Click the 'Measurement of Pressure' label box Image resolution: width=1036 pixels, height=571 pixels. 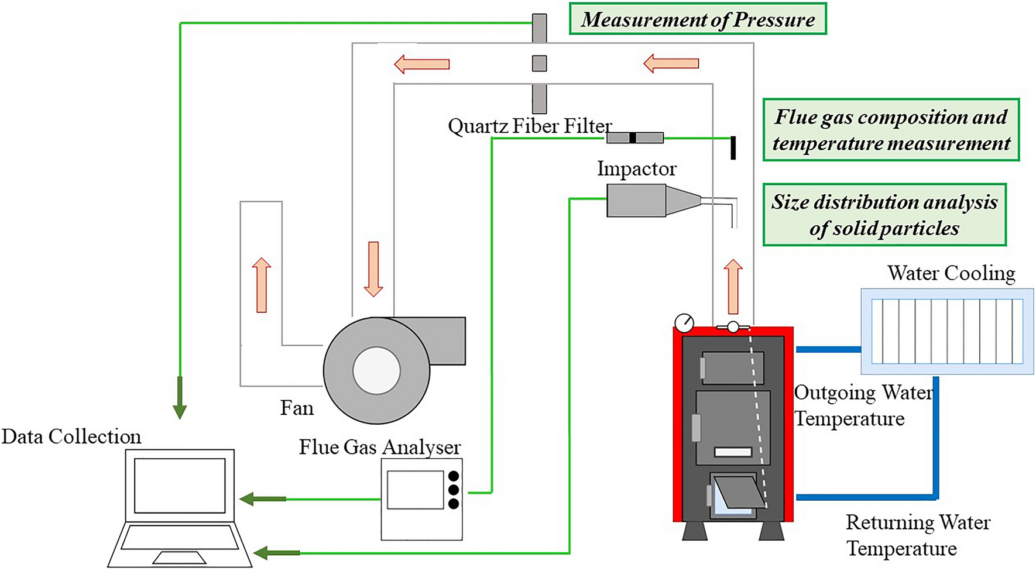coord(697,19)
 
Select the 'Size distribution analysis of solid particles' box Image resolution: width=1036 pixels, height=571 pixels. coord(884,215)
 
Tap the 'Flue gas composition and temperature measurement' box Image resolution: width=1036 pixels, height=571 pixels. coord(890,130)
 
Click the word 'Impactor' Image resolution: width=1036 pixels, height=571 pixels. coord(636,169)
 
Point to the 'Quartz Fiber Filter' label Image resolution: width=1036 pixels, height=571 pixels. coord(529,126)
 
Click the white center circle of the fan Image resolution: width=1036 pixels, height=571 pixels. coord(376,370)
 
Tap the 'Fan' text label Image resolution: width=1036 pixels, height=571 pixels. coord(297,408)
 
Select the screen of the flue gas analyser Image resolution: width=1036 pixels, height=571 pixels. coord(415,490)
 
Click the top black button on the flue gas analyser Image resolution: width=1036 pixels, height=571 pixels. coord(453,476)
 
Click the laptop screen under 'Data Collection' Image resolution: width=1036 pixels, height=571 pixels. coord(180,486)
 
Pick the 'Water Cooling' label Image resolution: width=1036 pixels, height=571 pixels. coord(951,273)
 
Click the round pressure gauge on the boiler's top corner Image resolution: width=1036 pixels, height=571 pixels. coord(684,322)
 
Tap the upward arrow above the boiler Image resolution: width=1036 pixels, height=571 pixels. coord(733,286)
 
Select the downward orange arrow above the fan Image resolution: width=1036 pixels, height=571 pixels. coord(373,269)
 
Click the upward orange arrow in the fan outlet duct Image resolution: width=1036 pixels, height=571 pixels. coord(262,285)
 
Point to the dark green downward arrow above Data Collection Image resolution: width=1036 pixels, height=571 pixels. coord(180,398)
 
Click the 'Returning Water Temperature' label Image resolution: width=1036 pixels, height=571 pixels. coord(917,535)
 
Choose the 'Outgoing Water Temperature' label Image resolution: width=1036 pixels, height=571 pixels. coord(863,405)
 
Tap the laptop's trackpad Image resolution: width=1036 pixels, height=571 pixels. coord(179,558)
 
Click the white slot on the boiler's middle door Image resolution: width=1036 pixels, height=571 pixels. coord(733,452)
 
